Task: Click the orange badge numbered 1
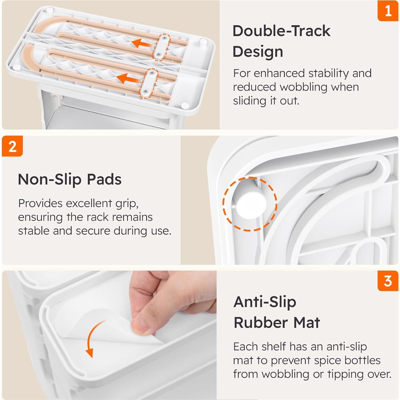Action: [388, 11]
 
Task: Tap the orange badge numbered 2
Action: [12, 146]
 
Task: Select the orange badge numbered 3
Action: [388, 281]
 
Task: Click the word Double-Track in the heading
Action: [281, 31]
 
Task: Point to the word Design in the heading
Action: [258, 52]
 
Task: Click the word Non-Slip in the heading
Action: [49, 179]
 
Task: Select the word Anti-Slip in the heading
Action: [265, 302]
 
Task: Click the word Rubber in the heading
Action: [261, 323]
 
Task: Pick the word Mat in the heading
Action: [307, 323]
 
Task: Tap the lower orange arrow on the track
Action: [127, 79]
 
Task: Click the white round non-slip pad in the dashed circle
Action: [251, 205]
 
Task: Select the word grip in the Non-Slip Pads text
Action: [127, 203]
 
